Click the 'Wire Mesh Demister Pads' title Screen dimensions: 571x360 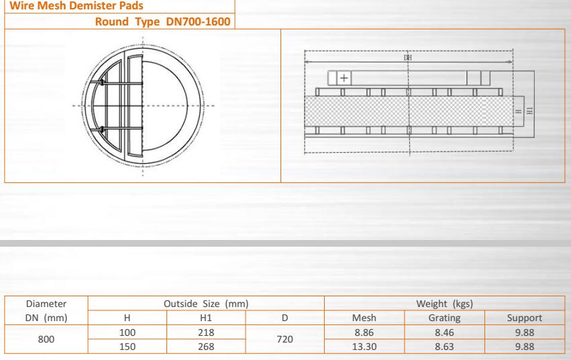[x=76, y=5]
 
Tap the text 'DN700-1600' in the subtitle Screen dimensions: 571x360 [x=198, y=21]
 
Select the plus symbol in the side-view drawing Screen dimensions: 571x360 [x=344, y=78]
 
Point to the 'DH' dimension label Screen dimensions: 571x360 [x=408, y=58]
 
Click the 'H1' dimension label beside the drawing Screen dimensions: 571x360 [x=530, y=111]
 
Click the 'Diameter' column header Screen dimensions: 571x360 [x=46, y=304]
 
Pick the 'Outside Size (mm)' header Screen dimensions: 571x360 [x=206, y=304]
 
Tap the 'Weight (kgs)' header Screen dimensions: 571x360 [x=445, y=304]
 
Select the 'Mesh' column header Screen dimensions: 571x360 [x=364, y=318]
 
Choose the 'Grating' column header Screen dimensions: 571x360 [x=444, y=318]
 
